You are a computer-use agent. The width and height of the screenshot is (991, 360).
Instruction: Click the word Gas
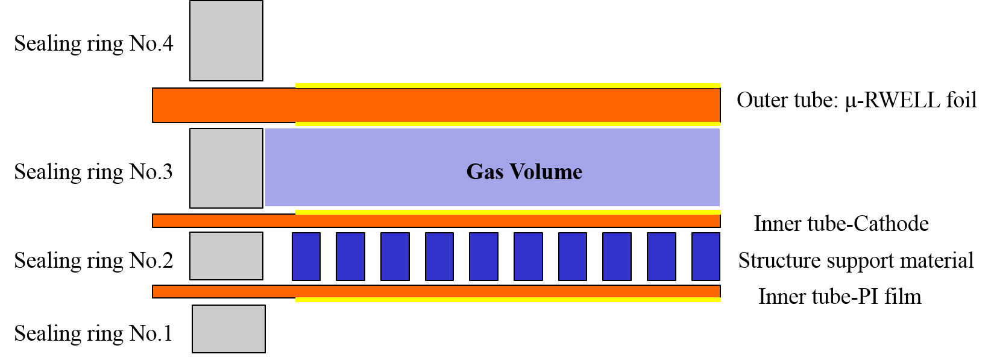tap(484, 172)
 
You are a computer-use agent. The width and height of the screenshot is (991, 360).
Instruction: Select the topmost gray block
tap(226, 40)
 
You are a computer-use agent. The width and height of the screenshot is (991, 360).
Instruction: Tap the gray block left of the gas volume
tap(226, 168)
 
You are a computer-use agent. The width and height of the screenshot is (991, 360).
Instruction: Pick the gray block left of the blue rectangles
tap(226, 256)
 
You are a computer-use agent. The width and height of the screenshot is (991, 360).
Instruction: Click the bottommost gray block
tap(228, 329)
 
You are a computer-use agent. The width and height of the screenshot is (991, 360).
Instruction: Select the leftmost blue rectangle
tap(306, 257)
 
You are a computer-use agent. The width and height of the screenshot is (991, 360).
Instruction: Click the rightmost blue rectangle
tap(706, 257)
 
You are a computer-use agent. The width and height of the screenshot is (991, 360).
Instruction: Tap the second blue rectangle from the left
tap(350, 257)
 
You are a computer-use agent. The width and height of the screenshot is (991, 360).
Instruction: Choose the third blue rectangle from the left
tap(395, 257)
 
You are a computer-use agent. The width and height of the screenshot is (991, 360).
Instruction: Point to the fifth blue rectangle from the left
tap(483, 257)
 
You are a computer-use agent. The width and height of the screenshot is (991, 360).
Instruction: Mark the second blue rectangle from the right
tap(661, 257)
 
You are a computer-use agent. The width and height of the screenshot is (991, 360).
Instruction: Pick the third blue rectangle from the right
tap(617, 257)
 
